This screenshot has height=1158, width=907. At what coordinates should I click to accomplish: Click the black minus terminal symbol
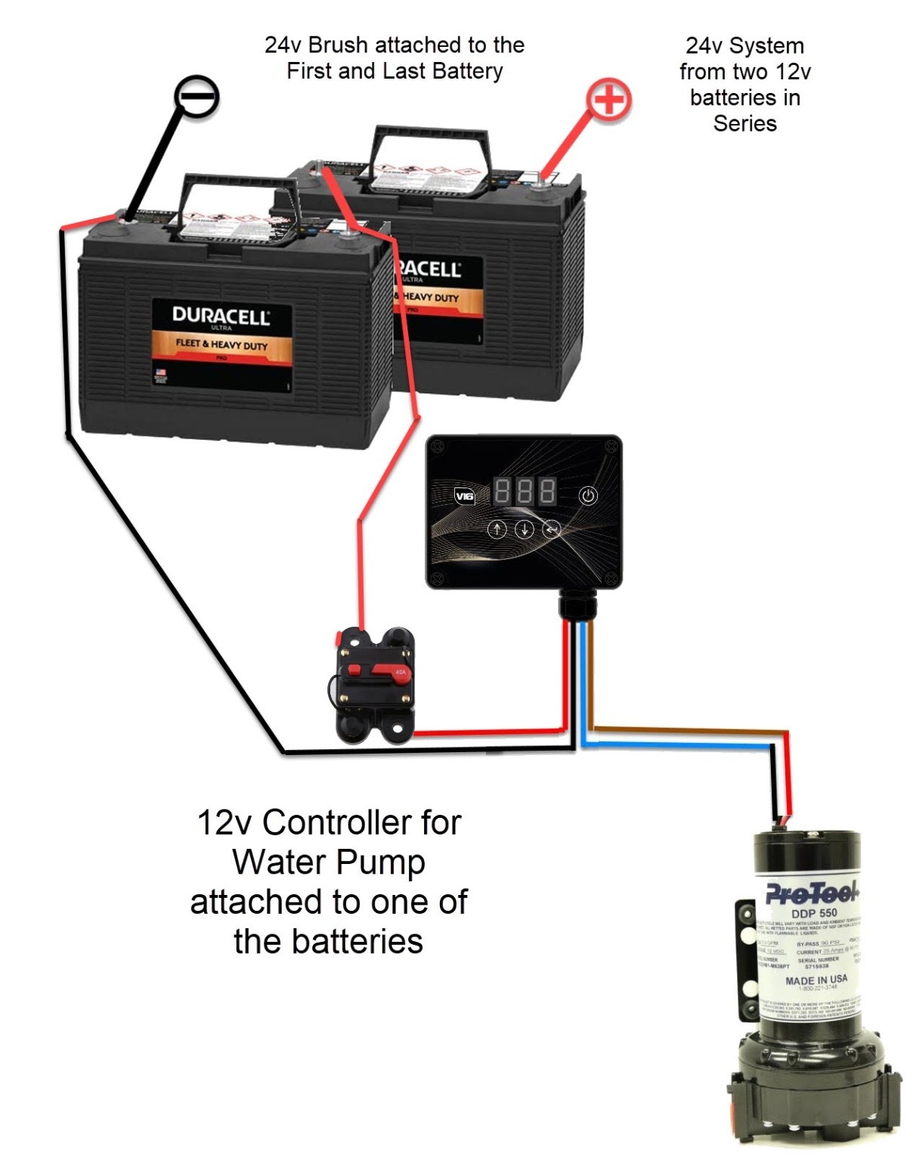click(x=197, y=98)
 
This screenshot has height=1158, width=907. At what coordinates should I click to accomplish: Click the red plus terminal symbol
click(x=609, y=100)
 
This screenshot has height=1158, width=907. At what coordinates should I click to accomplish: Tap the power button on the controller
click(x=588, y=496)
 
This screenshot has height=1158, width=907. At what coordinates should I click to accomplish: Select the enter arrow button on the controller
click(x=552, y=529)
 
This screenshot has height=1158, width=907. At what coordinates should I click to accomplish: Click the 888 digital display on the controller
click(x=525, y=491)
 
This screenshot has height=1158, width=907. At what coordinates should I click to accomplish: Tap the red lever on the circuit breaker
click(x=378, y=670)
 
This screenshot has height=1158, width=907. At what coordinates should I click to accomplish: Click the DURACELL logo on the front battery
click(x=221, y=316)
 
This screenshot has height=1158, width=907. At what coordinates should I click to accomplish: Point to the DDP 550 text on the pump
click(x=814, y=913)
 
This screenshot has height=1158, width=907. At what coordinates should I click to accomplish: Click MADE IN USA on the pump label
click(x=816, y=980)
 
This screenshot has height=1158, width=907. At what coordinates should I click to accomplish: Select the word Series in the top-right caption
click(x=744, y=123)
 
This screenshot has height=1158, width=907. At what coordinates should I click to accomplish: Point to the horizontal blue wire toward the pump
click(x=680, y=746)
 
